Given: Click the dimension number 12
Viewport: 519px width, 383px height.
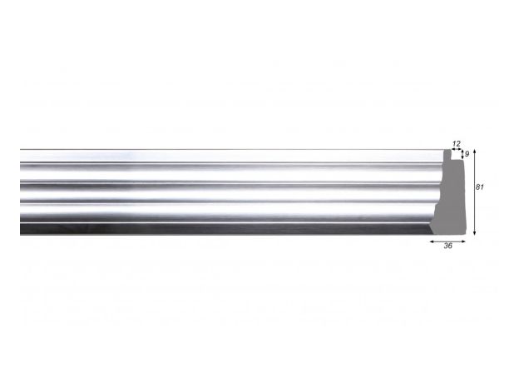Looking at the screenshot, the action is coord(456,144).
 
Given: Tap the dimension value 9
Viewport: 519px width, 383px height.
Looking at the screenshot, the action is coord(467,154).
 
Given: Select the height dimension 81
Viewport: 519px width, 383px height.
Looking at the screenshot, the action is coord(480,187).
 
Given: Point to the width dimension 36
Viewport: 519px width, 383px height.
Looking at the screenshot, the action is coord(447,246).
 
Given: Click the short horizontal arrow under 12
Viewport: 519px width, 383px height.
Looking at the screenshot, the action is coord(457,150).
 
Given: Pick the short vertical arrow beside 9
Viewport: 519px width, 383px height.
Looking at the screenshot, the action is coord(462,154).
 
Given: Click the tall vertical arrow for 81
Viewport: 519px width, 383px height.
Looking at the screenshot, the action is coord(474,192).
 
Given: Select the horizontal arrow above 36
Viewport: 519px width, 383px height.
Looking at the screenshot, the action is coord(447,241).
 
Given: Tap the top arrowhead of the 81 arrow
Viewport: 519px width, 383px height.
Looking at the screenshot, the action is coord(474,152).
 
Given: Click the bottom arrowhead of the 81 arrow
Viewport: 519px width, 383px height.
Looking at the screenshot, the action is coord(474,234).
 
